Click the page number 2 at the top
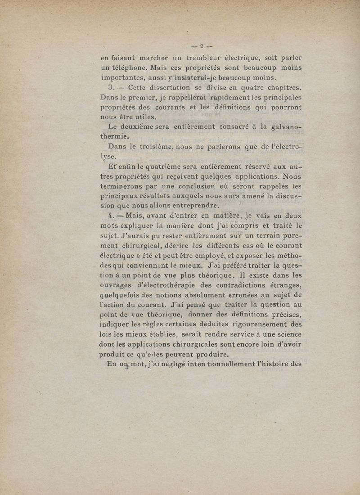pos(202,45)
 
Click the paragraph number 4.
pos(105,216)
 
